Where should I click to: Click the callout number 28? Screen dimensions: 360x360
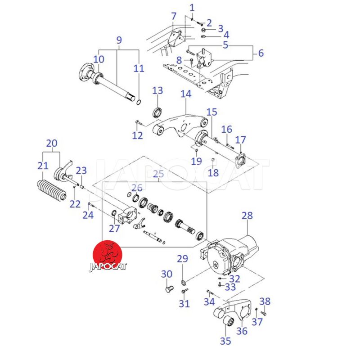[247, 216]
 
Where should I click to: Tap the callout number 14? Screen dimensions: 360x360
[186, 94]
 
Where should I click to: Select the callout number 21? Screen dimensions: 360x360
[43, 166]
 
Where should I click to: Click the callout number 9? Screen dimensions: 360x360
[119, 40]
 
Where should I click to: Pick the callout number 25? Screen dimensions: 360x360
[159, 174]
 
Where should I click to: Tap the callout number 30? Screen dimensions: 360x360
[166, 274]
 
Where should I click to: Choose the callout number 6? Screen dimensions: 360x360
[261, 53]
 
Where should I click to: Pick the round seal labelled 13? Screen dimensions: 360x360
[158, 112]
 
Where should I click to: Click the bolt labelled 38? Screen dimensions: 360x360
[263, 313]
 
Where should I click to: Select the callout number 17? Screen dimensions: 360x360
[241, 139]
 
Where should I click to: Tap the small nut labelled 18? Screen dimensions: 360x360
[213, 161]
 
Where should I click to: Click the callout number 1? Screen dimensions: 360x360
[192, 7]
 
